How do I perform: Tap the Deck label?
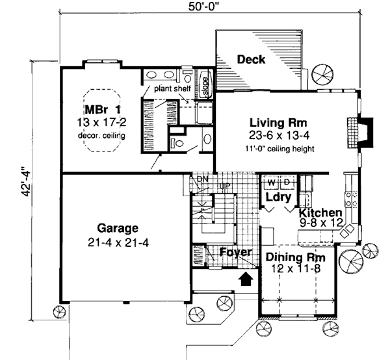pos(252,60)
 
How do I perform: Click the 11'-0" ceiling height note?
pos(280,148)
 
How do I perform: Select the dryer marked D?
pos(287,183)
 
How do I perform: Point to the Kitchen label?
pos(320,213)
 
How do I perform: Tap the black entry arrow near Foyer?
pos(246,279)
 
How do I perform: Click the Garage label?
pos(118,229)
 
